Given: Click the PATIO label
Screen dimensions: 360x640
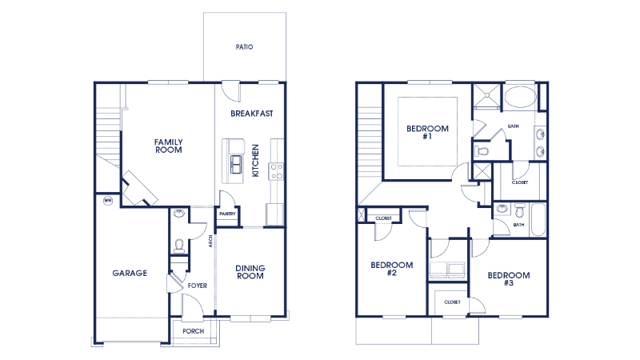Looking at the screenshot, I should [244, 47].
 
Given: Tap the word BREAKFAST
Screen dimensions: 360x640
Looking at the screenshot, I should [252, 114].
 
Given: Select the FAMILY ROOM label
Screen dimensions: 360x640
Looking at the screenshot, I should [168, 146].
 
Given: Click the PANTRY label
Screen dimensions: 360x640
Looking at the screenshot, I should [226, 214].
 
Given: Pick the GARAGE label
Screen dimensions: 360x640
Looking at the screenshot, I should [129, 273].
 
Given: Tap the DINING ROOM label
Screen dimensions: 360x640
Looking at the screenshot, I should [250, 272].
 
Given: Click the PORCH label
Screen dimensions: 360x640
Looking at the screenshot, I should [193, 331].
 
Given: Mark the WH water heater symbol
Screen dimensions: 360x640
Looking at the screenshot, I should [107, 201].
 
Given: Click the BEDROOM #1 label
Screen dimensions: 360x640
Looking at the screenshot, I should [427, 133].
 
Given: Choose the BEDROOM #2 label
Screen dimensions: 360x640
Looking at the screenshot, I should [391, 269].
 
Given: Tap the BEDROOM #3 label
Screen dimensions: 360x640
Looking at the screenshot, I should [508, 279].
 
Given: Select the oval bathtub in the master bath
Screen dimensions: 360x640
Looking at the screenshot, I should [520, 98].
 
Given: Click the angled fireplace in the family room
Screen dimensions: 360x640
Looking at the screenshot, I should [138, 188].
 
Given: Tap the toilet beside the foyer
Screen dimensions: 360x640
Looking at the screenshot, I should [179, 245].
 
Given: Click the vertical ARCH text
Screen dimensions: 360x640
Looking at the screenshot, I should [210, 242].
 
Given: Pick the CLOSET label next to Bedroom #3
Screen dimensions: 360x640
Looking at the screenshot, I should [452, 302].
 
